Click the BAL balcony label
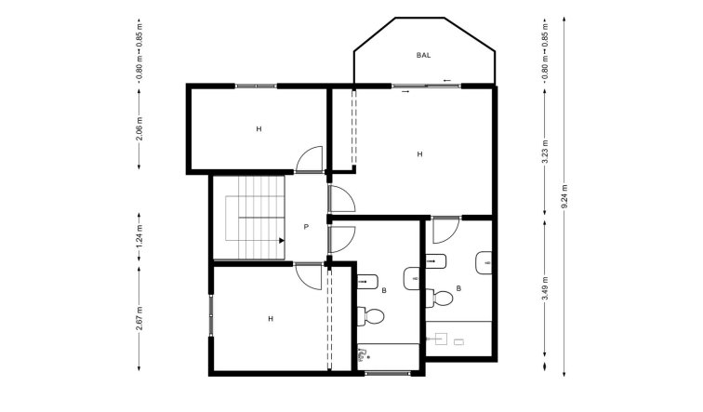click(424, 56)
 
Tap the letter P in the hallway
click(306, 227)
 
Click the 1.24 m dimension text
click(139, 230)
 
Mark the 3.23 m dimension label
click(544, 149)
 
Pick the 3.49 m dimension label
click(544, 289)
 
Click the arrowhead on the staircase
click(279, 240)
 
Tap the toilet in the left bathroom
click(373, 316)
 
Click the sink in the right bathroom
click(484, 264)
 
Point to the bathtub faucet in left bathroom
click(363, 353)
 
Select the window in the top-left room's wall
click(256, 86)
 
